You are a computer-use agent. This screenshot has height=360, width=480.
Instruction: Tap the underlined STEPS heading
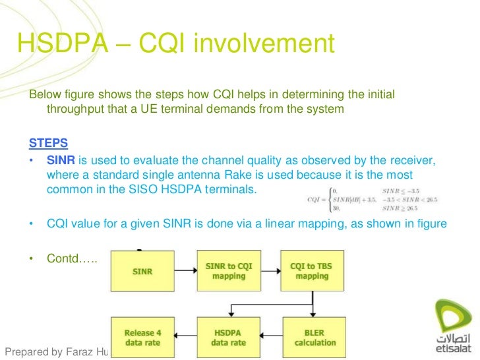click(48, 143)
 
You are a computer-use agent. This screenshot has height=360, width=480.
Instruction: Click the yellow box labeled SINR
click(143, 271)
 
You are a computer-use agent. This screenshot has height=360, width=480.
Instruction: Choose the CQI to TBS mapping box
click(312, 271)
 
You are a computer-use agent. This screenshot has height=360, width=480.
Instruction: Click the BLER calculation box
click(312, 337)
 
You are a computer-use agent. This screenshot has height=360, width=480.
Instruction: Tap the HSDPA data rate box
click(229, 337)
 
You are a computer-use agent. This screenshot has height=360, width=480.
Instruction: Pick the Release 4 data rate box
click(143, 337)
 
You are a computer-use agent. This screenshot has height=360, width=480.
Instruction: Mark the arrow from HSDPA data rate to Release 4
click(186, 337)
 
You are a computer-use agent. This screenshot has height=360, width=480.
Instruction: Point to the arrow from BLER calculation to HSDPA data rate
click(270, 337)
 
